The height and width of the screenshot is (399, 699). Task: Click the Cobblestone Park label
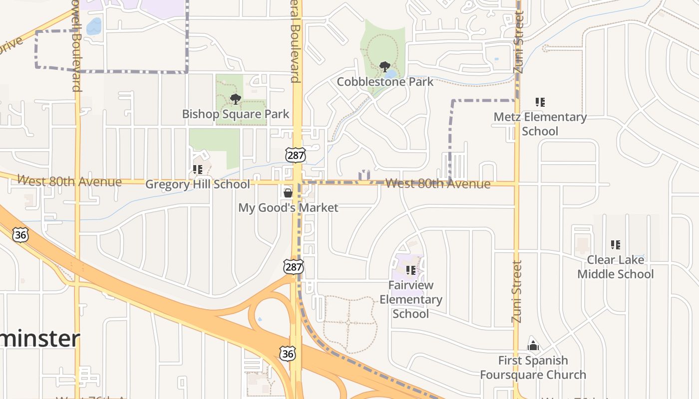click(x=385, y=81)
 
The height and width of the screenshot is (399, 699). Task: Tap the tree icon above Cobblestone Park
click(x=384, y=66)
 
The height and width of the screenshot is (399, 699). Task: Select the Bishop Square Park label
click(x=235, y=114)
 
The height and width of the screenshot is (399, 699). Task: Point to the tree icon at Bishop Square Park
click(x=236, y=99)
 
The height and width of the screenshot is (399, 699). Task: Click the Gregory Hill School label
click(x=197, y=185)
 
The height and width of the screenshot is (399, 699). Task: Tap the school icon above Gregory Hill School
click(x=198, y=170)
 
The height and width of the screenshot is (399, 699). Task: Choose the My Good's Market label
click(x=288, y=207)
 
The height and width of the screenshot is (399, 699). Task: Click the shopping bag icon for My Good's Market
click(x=288, y=193)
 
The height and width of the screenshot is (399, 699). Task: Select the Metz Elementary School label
click(x=540, y=124)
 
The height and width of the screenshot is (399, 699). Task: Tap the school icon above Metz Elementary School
click(x=540, y=102)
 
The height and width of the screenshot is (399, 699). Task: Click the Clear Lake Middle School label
click(x=615, y=267)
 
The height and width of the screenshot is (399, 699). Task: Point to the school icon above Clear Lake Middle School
click(x=616, y=245)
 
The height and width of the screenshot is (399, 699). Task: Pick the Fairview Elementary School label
click(x=411, y=299)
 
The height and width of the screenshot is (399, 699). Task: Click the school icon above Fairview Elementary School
click(x=411, y=270)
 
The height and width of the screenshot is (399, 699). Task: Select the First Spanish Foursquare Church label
click(x=533, y=367)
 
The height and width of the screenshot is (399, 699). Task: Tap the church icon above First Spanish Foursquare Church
click(x=533, y=345)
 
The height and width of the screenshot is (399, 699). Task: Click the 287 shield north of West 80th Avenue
click(x=295, y=155)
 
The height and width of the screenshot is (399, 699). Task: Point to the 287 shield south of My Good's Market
click(x=293, y=267)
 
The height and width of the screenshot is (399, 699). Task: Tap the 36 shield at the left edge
click(x=20, y=235)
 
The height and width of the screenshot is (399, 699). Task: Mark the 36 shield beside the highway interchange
click(x=287, y=354)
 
